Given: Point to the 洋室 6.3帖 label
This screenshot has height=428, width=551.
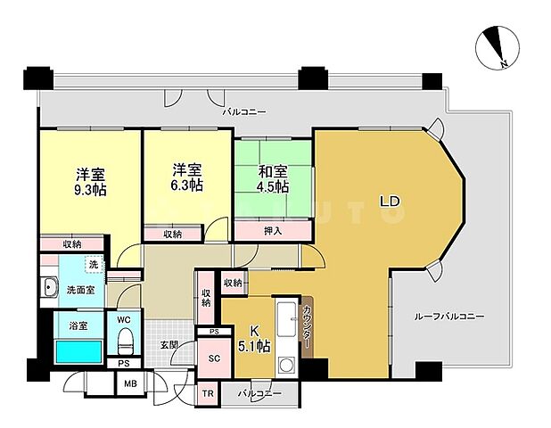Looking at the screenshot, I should click(186, 178).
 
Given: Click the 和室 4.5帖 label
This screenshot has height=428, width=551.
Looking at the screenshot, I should click(274, 178).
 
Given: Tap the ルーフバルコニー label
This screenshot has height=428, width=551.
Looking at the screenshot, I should click(449, 316).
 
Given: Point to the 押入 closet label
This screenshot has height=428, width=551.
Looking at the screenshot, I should click(273, 231).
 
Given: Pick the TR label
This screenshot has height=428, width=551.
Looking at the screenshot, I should click(207, 393).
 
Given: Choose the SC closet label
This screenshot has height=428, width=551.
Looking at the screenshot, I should click(214, 358).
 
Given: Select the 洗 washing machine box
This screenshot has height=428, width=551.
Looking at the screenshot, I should click(94, 265).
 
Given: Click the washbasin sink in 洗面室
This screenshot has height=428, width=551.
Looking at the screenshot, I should click(49, 288).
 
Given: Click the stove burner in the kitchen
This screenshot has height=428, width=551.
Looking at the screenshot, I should click(287, 365).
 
